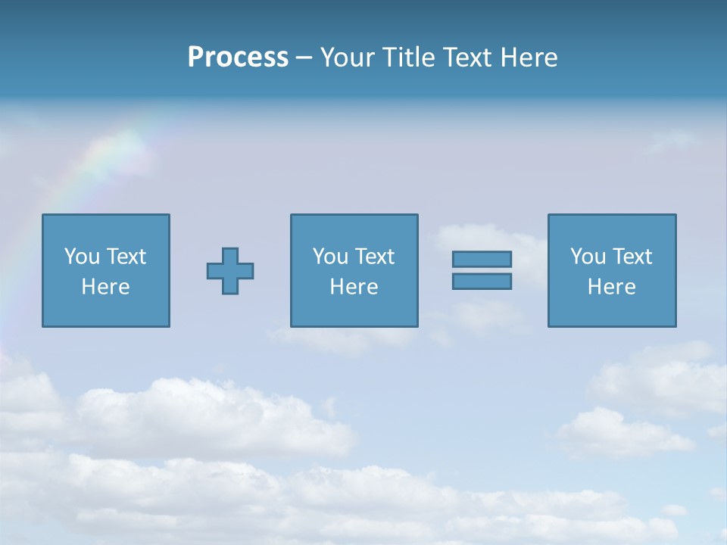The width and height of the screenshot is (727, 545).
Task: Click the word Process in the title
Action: [238, 58]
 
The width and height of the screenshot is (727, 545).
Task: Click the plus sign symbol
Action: [230, 271]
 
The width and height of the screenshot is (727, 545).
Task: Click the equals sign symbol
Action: [482, 270]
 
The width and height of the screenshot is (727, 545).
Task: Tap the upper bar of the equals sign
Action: [482, 260]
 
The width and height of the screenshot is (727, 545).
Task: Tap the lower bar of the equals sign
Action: [482, 282]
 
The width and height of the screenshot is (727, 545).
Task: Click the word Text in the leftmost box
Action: [126, 257]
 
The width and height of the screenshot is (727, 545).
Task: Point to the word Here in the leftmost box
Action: [105, 287]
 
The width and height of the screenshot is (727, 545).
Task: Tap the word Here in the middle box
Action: [354, 287]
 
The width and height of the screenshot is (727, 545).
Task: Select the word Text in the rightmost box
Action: [632, 257]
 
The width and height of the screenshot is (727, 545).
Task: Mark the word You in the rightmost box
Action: [588, 257]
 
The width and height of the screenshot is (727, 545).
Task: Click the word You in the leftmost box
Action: [82, 257]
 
